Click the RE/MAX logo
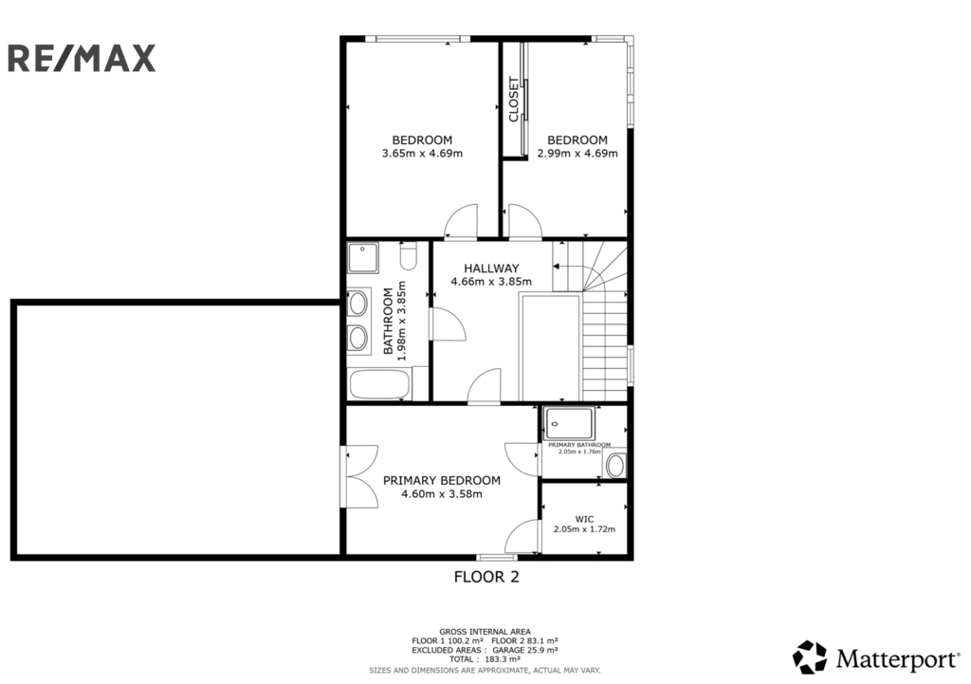[x=82, y=58]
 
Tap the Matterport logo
[x=876, y=657]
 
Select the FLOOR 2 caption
[x=486, y=577]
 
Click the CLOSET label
[x=513, y=99]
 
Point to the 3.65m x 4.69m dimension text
[x=422, y=153]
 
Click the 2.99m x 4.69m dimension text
[x=577, y=153]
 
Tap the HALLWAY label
[x=492, y=268]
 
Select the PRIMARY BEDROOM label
[x=442, y=480]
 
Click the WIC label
[x=584, y=519]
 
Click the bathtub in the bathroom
[x=379, y=384]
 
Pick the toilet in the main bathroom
[x=408, y=256]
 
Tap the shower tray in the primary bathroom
[x=569, y=423]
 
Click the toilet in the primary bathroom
[x=615, y=466]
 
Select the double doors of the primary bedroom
[x=361, y=476]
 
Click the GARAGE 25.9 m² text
[x=525, y=651]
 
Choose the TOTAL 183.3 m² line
[x=485, y=660]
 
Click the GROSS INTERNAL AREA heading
[x=485, y=632]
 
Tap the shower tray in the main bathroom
[x=363, y=258]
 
